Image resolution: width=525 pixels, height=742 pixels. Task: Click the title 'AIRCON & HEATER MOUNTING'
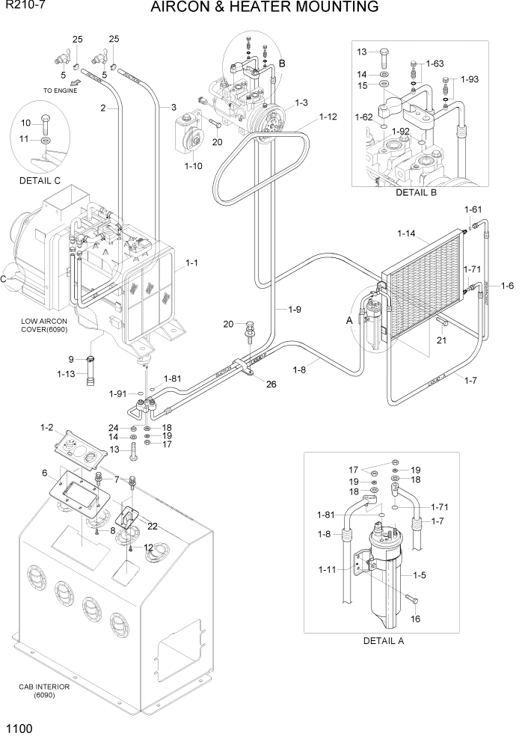point(264,8)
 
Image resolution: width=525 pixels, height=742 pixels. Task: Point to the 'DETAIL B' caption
point(415,192)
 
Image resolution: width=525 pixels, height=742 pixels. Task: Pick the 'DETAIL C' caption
point(40,180)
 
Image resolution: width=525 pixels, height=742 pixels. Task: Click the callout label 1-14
point(406,234)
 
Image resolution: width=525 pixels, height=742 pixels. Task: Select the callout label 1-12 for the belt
point(328,117)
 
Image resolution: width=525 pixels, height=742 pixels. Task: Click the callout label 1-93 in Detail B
point(470,79)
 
